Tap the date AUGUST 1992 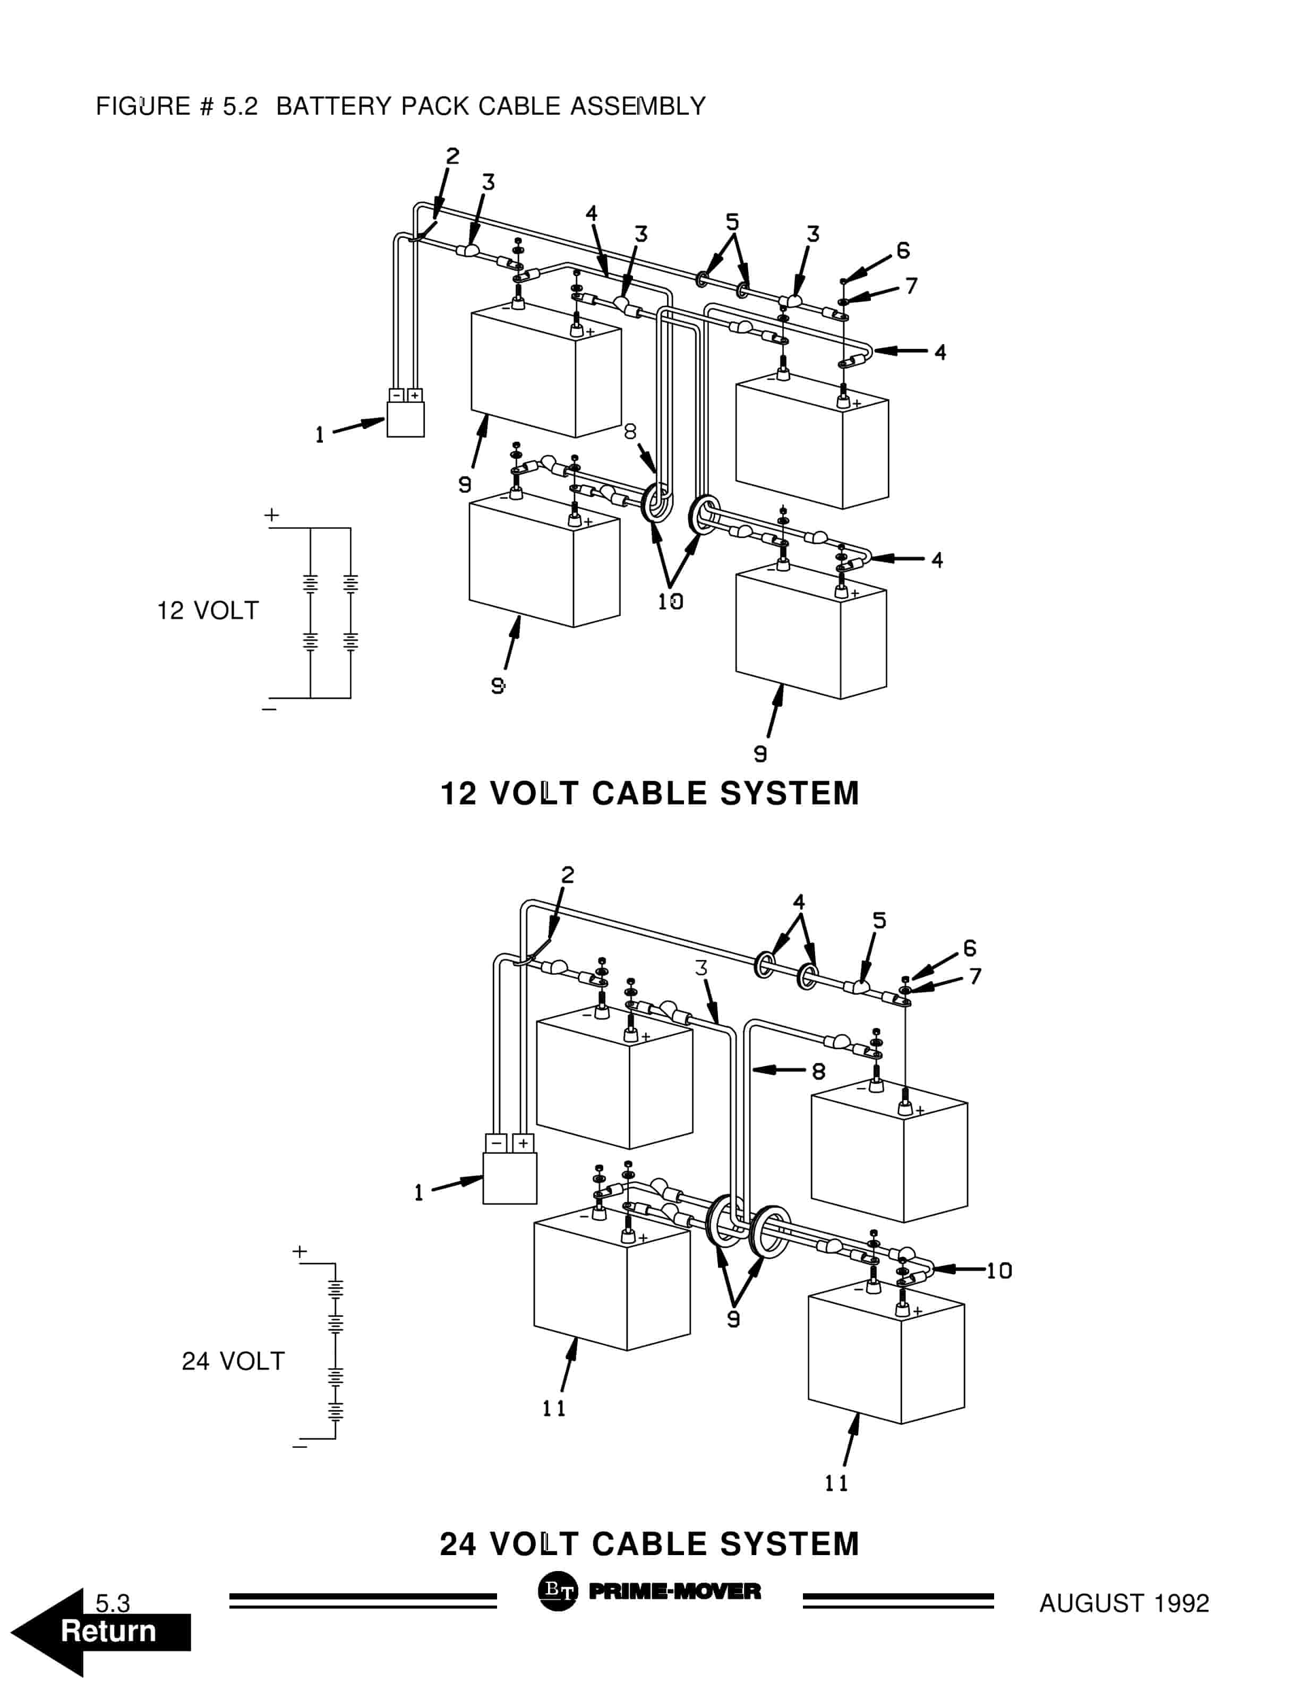coord(1124,1603)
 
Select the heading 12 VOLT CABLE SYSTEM coord(649,793)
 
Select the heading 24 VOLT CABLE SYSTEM coord(649,1543)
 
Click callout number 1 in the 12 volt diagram coord(320,435)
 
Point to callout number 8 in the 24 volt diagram coord(819,1071)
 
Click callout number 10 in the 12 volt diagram coord(670,602)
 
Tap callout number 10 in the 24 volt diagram coord(999,1271)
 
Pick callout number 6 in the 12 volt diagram coord(903,250)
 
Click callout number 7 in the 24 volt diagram coord(976,976)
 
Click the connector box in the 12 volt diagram coord(405,416)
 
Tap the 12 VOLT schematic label coord(208,611)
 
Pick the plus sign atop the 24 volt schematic coord(300,1251)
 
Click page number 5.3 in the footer coord(113,1603)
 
